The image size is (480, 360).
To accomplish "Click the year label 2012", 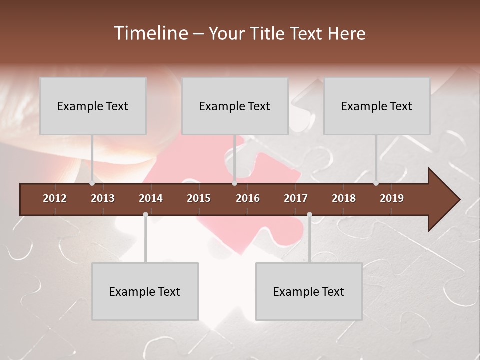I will coord(55,198).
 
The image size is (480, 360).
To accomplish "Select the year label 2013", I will coord(103,198).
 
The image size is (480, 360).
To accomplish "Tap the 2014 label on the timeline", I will coord(151,198).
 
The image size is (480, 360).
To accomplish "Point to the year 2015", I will coord(199,198).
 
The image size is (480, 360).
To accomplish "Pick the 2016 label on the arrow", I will coord(248,198).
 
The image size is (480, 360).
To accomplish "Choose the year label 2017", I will coord(296,198).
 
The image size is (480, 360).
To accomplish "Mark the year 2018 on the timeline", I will coord(344,198).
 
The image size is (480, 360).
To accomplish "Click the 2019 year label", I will coord(392,198).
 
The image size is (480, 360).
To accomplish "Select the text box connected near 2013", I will coord(93,106).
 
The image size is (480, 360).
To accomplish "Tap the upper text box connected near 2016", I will coord(235,106).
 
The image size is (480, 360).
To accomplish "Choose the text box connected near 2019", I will coord(377,106).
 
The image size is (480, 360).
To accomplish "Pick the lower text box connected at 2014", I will coord(145,291).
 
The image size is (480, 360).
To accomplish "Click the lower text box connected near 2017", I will coord(309,291).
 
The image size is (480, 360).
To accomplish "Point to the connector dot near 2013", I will coord(92,183).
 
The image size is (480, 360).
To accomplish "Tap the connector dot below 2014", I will coord(145,215).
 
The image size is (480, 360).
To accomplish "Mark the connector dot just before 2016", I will coord(234,183).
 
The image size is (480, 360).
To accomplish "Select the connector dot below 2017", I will coord(309,215).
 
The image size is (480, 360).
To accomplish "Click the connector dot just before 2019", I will coord(376,183).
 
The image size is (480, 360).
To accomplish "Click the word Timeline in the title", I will coord(150,33).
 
